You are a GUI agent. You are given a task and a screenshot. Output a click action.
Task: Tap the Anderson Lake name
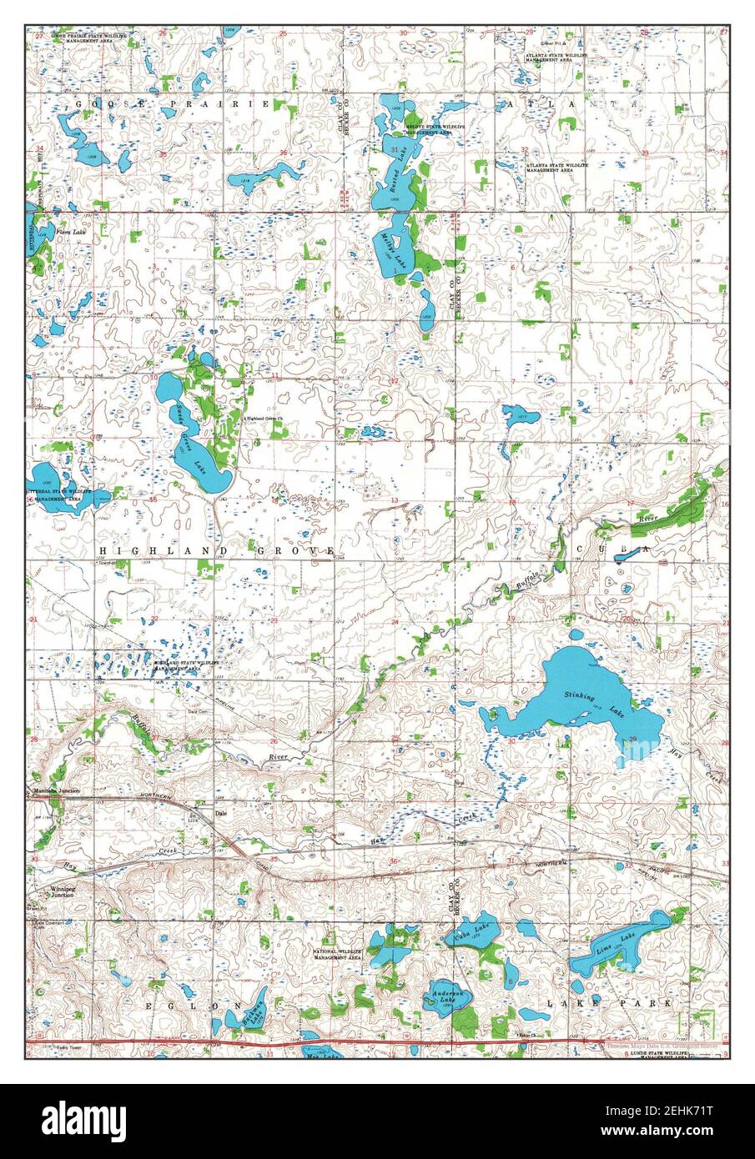(x=447, y=993)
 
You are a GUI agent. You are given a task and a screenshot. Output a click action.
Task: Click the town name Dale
(x=221, y=811)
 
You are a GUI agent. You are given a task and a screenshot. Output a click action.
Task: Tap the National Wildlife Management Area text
(x=337, y=955)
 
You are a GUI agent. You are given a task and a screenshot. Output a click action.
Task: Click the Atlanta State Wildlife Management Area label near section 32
(x=557, y=168)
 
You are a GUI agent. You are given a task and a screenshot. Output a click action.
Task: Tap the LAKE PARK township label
(x=609, y=1004)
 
